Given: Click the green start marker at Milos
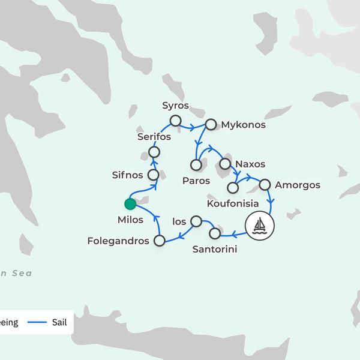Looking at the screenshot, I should click(130, 204).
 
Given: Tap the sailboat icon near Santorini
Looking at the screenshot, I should click(260, 226).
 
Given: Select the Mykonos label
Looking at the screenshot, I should click(243, 125).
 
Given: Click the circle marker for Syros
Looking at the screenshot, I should click(175, 121).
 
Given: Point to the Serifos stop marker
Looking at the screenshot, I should click(154, 151).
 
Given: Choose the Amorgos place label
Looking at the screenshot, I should click(298, 185).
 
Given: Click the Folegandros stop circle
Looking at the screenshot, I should click(160, 241).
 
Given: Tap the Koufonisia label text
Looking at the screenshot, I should click(233, 204).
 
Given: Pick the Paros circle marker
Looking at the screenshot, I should click(196, 164).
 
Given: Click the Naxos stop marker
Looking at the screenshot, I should click(225, 163).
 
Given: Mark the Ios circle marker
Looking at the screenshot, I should click(196, 221).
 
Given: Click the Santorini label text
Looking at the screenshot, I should click(214, 248).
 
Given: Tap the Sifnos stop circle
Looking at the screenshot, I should click(153, 175).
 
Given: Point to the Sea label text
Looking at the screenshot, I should click(21, 274).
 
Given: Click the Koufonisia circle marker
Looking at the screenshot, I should click(233, 188).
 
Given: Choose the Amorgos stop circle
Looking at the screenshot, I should click(265, 185).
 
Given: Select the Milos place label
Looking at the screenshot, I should click(131, 220).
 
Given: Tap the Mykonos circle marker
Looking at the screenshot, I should click(210, 125).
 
